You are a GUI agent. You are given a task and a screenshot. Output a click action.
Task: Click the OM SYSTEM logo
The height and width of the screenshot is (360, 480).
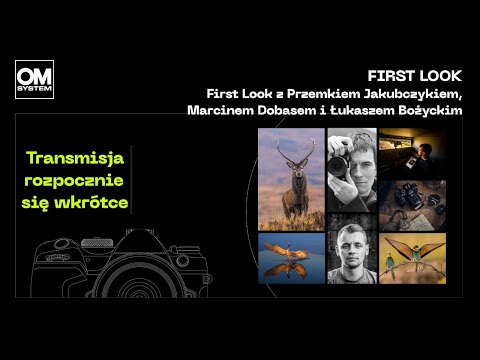[35, 79]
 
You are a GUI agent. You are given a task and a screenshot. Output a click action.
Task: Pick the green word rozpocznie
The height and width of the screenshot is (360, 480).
[77, 179]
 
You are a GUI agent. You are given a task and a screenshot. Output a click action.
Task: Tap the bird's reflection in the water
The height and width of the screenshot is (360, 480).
[290, 268]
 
